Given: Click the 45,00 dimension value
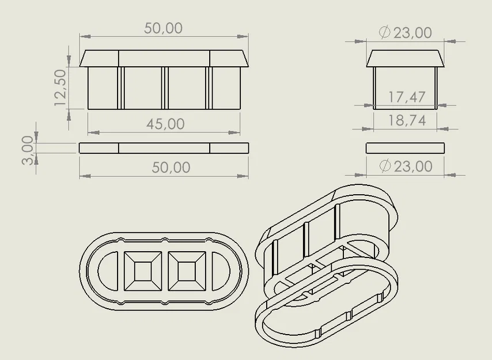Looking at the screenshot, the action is (x=165, y=124).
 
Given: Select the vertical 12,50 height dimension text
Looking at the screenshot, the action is (x=60, y=88).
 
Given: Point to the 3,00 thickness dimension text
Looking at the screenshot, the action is (x=27, y=150).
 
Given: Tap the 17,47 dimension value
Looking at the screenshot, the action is (x=407, y=97).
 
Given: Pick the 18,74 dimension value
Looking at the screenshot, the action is (x=407, y=120).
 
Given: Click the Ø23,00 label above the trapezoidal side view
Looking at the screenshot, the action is (x=406, y=33).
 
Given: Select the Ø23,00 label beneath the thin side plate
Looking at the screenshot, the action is (x=406, y=166).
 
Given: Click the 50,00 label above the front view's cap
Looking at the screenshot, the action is (x=163, y=28).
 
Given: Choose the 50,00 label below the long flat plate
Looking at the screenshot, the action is (x=171, y=168).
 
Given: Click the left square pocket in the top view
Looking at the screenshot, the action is (x=143, y=271).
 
